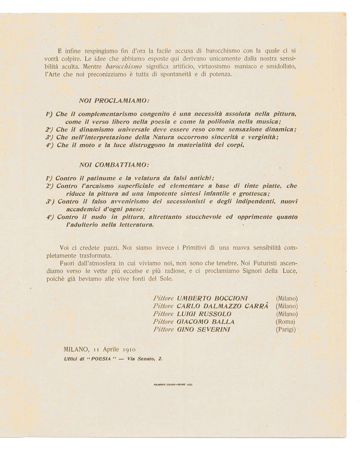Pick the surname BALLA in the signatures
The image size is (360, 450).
click(x=220, y=321)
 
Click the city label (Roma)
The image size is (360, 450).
click(x=285, y=321)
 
